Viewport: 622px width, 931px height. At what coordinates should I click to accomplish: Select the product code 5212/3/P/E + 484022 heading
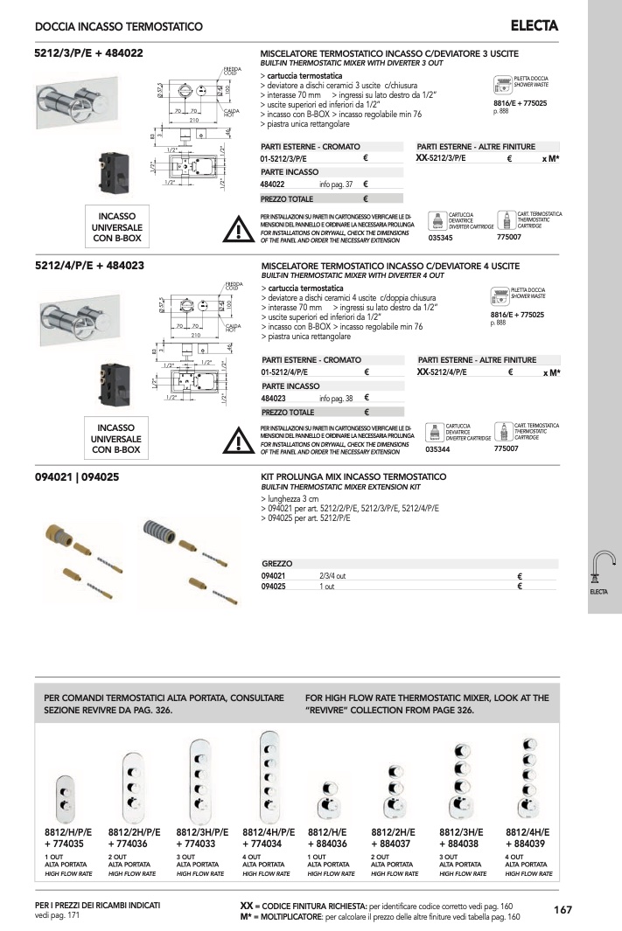[89, 52]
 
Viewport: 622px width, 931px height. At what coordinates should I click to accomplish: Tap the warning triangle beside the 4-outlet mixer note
[239, 441]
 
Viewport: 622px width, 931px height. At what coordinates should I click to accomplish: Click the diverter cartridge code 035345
[441, 238]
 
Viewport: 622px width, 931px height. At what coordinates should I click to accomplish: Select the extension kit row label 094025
[275, 587]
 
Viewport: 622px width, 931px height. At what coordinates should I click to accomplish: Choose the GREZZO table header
[277, 564]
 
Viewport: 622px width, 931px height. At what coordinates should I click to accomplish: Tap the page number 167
[563, 910]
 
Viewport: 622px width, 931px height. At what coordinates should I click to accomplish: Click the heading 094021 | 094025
[77, 477]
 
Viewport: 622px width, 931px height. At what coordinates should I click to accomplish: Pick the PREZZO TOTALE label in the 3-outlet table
[288, 198]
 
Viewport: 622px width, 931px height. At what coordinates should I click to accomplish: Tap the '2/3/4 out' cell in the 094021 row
[333, 576]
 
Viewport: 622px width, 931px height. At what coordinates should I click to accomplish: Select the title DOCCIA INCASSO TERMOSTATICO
[119, 28]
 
